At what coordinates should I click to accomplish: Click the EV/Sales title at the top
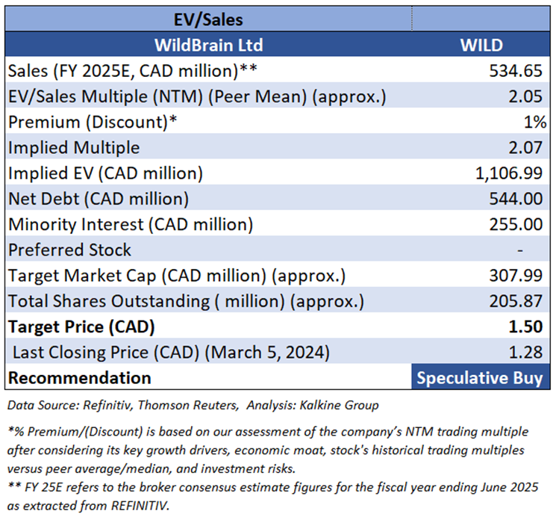coord(208,18)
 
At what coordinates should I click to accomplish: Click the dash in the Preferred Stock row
coord(540,250)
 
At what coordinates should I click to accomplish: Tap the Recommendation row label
coord(79,377)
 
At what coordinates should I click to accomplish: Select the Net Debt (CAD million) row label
coord(98,199)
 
